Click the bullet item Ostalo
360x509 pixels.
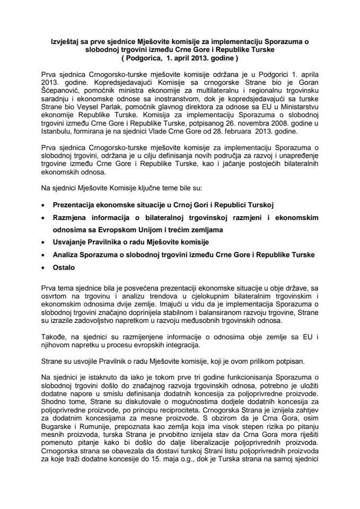(x=64, y=268)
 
